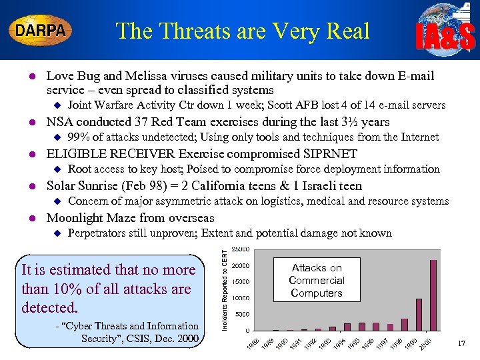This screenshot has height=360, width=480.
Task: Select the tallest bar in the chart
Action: [433, 295]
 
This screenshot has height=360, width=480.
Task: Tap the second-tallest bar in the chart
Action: [419, 315]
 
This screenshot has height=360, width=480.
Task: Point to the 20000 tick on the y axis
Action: [241, 265]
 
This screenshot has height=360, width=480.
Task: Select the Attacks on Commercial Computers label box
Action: [317, 280]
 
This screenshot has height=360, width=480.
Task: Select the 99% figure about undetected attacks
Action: [80, 137]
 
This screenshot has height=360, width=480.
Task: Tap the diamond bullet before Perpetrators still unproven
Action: [56, 234]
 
